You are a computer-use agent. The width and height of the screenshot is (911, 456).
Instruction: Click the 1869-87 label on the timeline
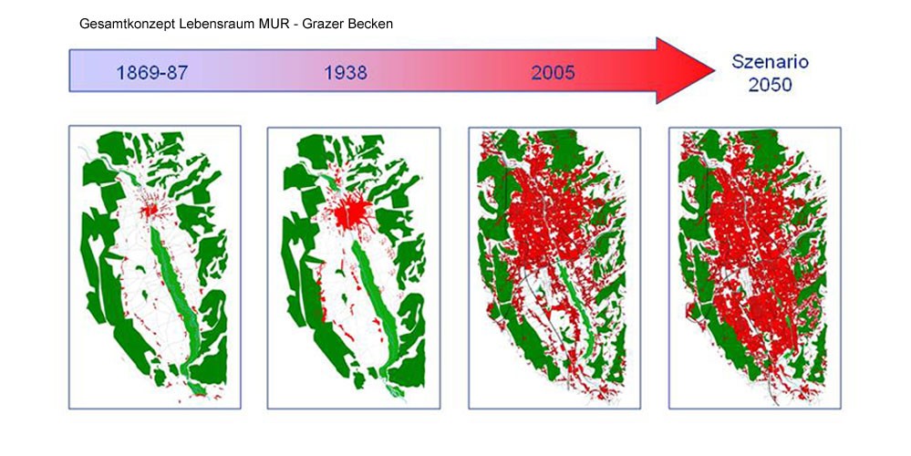coord(152,73)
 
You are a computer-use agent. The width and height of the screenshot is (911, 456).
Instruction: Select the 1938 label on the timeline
coord(346,73)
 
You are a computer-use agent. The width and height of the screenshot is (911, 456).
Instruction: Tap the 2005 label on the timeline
coord(553,73)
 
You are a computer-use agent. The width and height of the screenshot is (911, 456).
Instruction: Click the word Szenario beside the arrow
coord(770,62)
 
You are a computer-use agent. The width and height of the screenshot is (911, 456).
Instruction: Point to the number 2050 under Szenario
coord(770,85)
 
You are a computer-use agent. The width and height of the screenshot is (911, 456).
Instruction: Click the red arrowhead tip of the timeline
coord(714,70)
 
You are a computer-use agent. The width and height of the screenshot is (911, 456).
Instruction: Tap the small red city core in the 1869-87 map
coord(151,209)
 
